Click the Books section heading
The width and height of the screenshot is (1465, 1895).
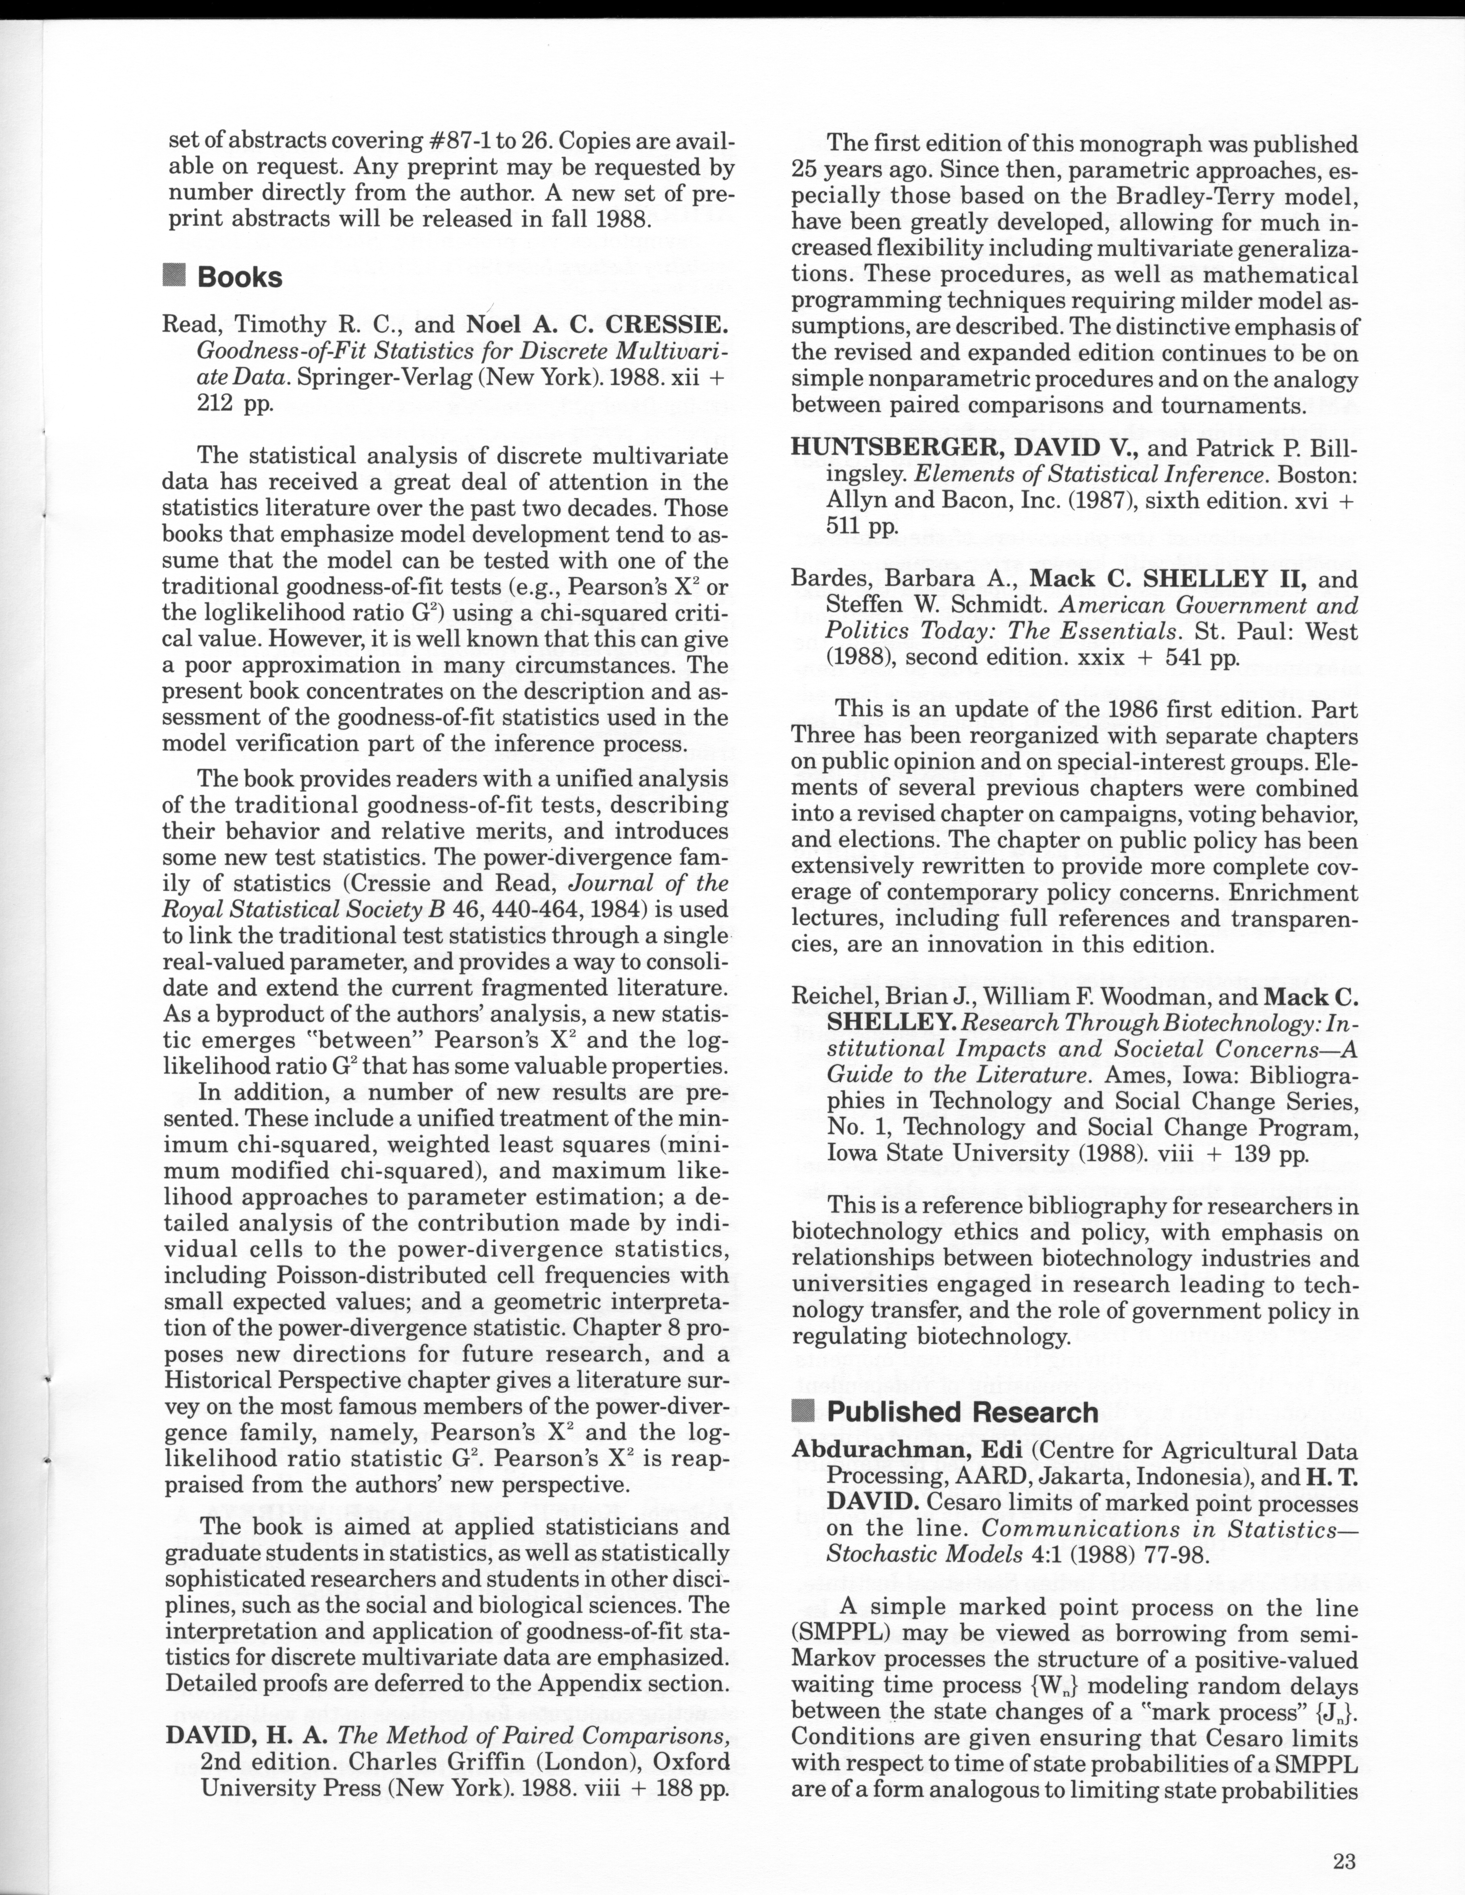pyautogui.click(x=240, y=278)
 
